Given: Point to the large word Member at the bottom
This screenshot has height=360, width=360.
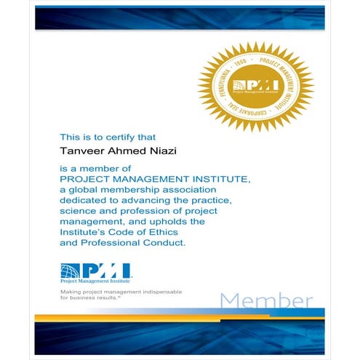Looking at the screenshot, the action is pyautogui.click(x=266, y=300).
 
